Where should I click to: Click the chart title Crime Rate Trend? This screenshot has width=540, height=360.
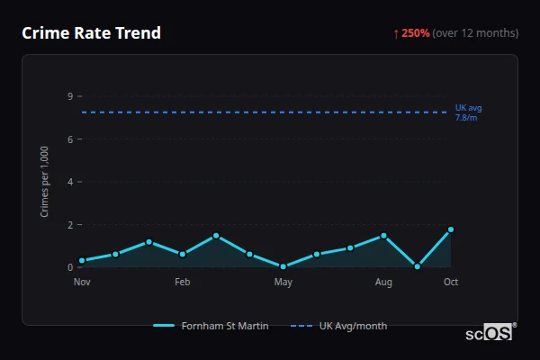[91, 33]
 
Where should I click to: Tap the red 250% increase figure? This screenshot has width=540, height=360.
[415, 33]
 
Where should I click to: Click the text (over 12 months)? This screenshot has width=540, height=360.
[475, 33]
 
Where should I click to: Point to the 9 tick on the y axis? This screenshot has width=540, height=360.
[70, 96]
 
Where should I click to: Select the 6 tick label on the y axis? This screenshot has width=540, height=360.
[70, 139]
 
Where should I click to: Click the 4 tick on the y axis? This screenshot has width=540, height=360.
[70, 182]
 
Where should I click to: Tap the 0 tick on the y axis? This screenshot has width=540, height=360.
[70, 267]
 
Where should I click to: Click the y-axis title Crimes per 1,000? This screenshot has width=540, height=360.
[45, 181]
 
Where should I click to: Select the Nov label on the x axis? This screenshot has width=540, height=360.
[82, 283]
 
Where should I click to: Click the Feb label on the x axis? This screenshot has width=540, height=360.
[183, 283]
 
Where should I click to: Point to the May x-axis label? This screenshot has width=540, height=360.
[283, 283]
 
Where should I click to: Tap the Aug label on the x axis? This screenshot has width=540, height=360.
[383, 283]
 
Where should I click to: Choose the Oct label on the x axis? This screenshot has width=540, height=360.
[451, 283]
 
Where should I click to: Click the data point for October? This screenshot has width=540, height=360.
[451, 229]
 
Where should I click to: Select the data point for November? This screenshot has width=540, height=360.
[82, 261]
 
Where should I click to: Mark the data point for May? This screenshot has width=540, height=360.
[283, 266]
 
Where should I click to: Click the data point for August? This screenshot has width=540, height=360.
[383, 236]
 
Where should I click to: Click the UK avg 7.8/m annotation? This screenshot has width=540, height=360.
[468, 112]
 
